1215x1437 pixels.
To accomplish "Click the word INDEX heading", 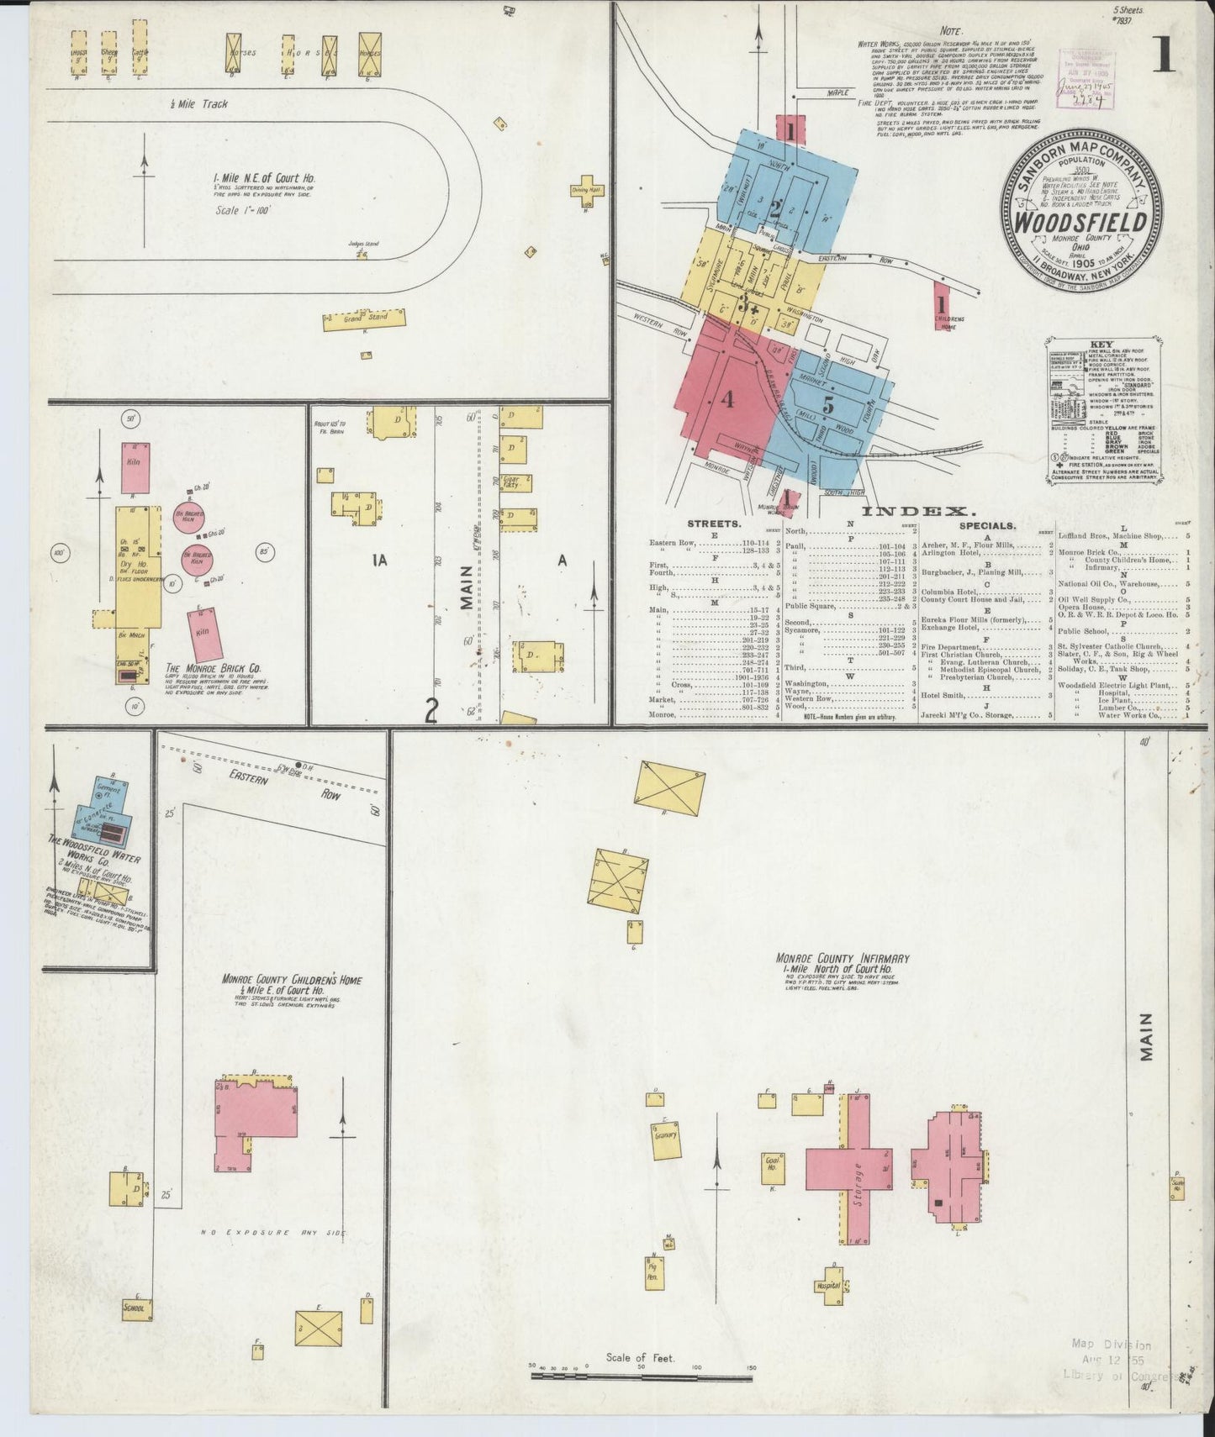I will click(x=919, y=510).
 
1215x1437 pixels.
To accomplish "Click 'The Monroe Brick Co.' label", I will click(x=213, y=669).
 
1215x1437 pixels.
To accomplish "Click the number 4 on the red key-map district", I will click(x=726, y=400).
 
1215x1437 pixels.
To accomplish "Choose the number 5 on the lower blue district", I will click(x=828, y=404).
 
